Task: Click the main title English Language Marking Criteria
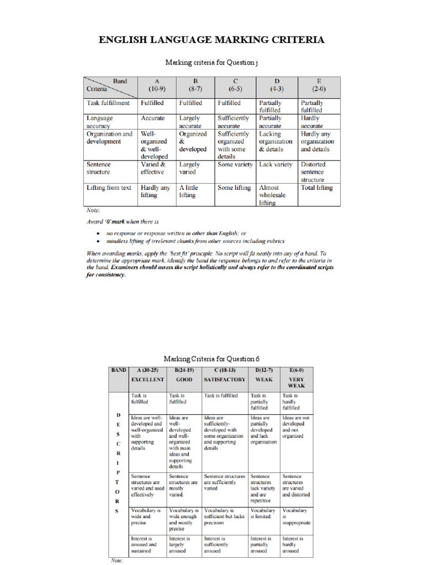click(212, 40)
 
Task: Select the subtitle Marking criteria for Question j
click(211, 63)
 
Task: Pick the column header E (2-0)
click(319, 84)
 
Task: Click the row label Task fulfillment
click(108, 103)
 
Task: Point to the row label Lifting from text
click(109, 188)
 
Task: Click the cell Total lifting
click(316, 188)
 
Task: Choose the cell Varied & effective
click(153, 168)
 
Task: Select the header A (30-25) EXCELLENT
click(147, 376)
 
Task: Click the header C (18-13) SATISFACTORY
click(224, 376)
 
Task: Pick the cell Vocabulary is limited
click(263, 514)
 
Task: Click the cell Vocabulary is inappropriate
click(296, 516)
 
